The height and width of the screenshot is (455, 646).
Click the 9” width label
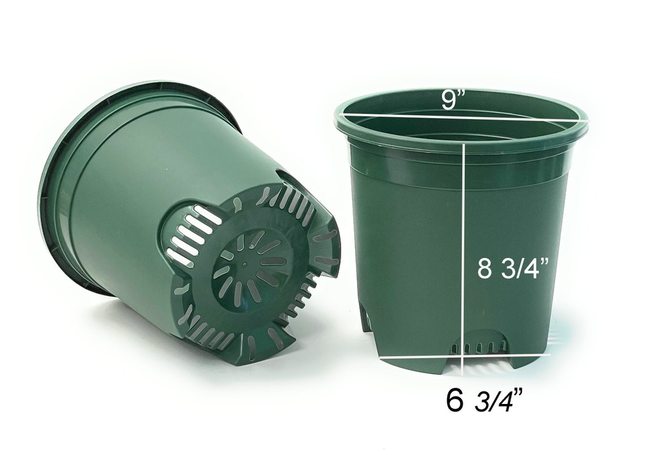[453, 100]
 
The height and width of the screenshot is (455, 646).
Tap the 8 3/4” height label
[513, 268]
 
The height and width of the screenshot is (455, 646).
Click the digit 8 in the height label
[484, 268]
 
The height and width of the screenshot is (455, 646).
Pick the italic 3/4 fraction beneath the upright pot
[498, 402]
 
